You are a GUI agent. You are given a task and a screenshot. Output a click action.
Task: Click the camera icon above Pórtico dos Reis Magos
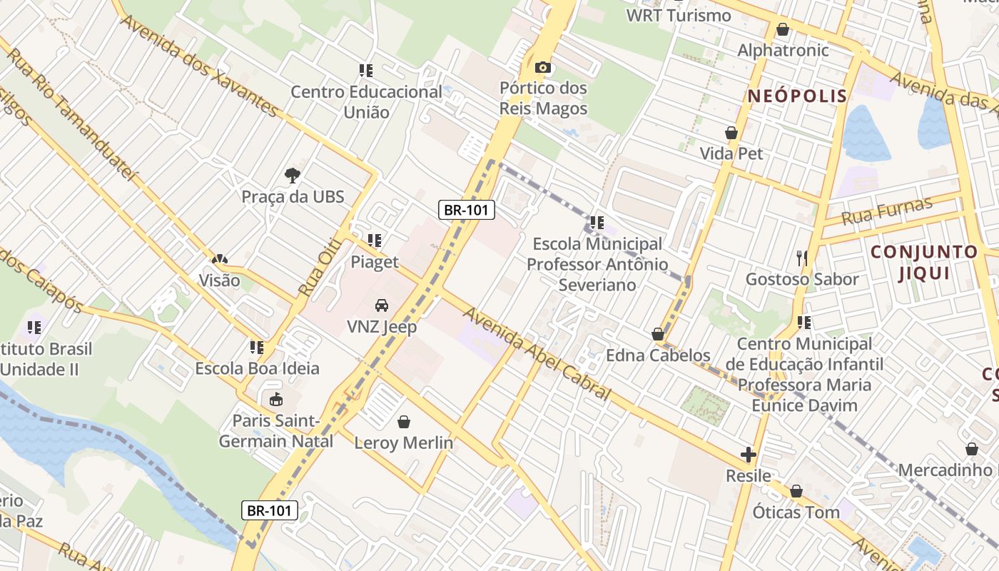[543, 68]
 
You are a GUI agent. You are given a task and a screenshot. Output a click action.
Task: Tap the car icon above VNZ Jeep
[382, 305]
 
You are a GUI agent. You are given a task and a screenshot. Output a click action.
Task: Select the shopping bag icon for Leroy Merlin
[404, 422]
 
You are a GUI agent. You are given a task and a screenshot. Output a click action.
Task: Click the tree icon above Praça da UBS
[292, 175]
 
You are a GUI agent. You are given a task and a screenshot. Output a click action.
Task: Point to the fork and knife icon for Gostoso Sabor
[802, 258]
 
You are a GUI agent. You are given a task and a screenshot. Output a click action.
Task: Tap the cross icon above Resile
[748, 455]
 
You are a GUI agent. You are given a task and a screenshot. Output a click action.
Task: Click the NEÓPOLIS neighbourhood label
[798, 96]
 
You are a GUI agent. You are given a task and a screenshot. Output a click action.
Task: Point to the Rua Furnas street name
[887, 211]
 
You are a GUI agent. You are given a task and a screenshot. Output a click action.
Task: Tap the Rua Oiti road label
[316, 268]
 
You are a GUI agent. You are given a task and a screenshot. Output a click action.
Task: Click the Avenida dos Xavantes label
[199, 65]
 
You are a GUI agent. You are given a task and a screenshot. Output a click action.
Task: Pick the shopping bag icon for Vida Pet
[731, 133]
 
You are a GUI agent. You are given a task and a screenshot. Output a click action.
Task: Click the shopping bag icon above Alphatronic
[783, 30]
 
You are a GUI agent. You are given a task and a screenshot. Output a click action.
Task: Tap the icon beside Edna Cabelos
[658, 334]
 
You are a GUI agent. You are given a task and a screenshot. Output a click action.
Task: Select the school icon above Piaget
[375, 241]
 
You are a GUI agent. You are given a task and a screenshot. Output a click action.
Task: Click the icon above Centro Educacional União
[366, 71]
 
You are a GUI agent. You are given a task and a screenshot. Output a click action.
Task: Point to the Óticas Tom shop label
[796, 512]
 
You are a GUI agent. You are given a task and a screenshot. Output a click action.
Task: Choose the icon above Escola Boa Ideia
[257, 348]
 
